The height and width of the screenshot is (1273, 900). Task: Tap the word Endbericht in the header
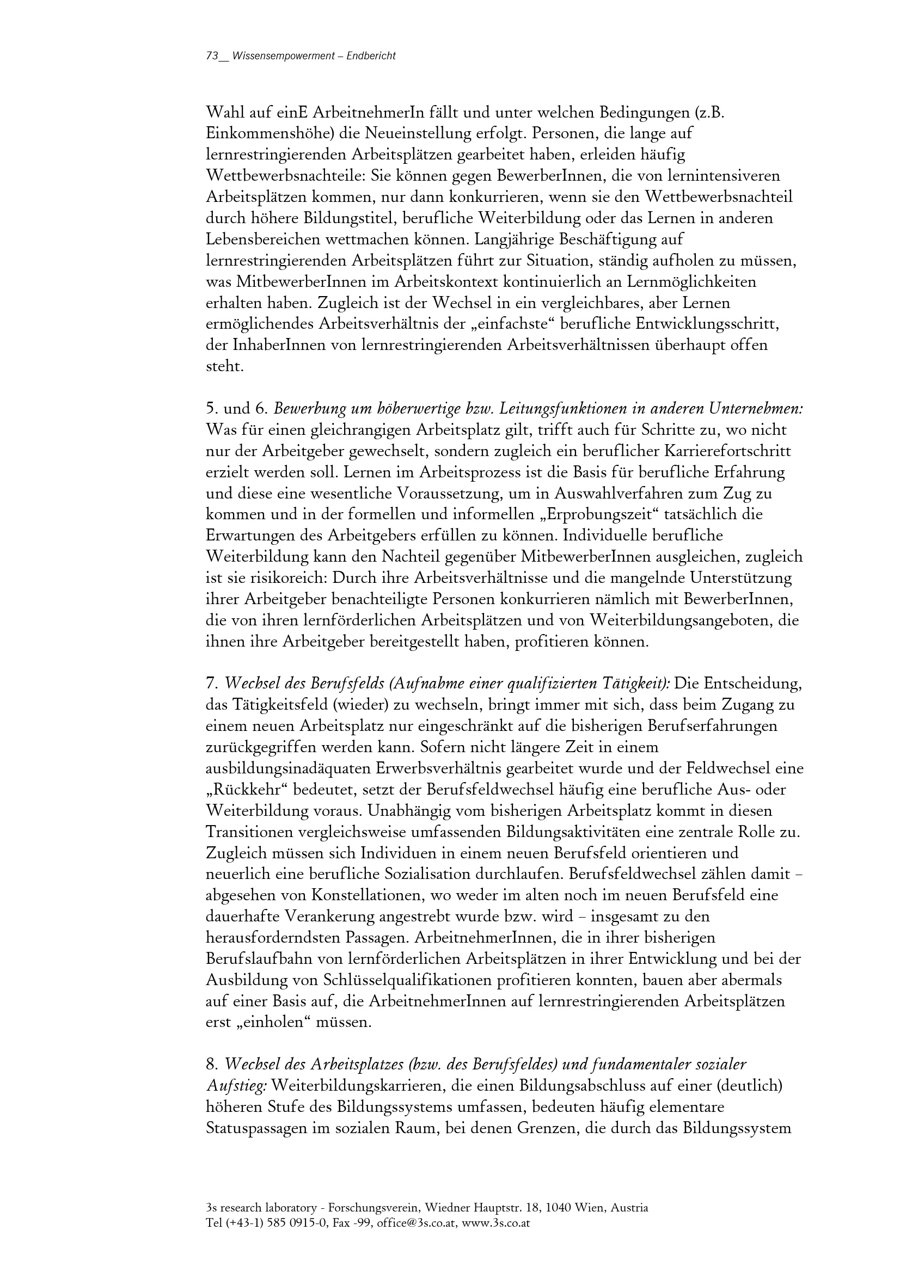coord(371,56)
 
